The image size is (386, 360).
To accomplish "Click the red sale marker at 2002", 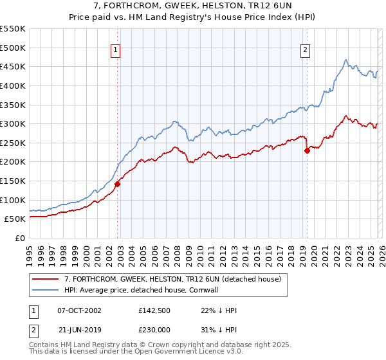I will point(117,184).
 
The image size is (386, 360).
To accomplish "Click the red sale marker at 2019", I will point(307,151).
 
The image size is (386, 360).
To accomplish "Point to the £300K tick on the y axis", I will point(12,123).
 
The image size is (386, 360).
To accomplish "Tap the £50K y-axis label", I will point(14,219).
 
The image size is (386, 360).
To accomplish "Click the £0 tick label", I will point(19,238).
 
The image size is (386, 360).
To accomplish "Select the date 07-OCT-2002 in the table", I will point(79,310).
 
